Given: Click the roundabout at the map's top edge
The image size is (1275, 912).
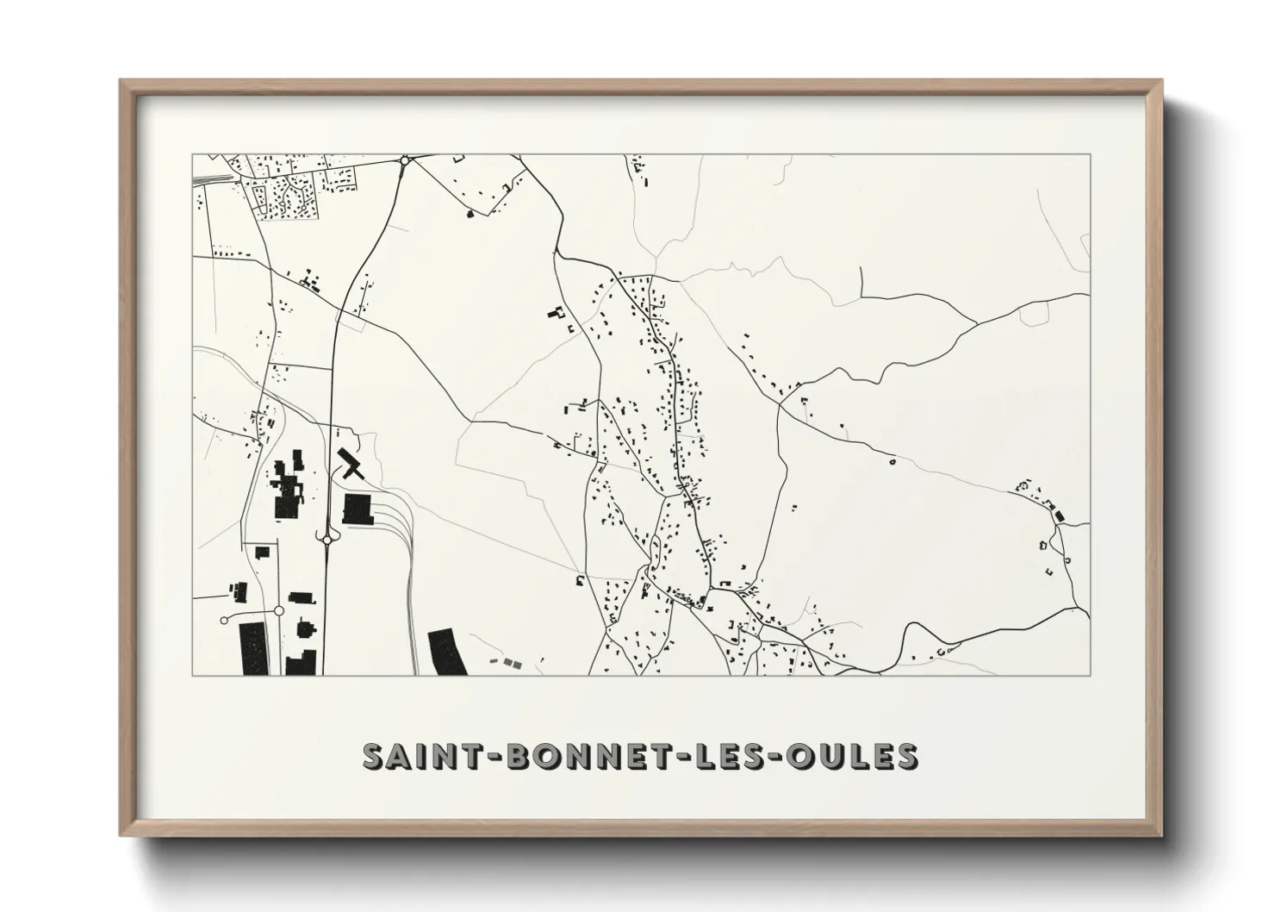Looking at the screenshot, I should click(x=404, y=159).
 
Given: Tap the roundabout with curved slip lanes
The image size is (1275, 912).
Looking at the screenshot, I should click(x=328, y=540).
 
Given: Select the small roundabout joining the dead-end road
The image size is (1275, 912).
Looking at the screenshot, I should click(x=278, y=610).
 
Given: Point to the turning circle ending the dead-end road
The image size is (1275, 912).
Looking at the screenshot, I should click(x=225, y=619).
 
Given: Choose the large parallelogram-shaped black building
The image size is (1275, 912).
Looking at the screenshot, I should click(x=447, y=652).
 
